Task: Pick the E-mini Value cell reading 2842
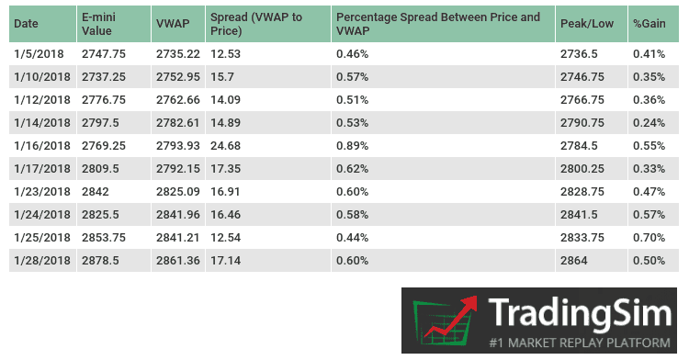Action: coord(96,191)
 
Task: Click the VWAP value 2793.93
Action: coord(177,145)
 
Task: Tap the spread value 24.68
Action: coord(225,145)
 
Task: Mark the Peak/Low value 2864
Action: coord(574,260)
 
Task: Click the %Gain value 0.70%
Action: coord(649,237)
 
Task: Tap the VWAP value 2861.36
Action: coord(177,260)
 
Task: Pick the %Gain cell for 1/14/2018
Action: coord(649,123)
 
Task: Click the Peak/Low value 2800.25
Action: coord(581,168)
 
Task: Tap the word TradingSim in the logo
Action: coord(580,314)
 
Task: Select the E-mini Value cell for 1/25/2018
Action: coord(103,237)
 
